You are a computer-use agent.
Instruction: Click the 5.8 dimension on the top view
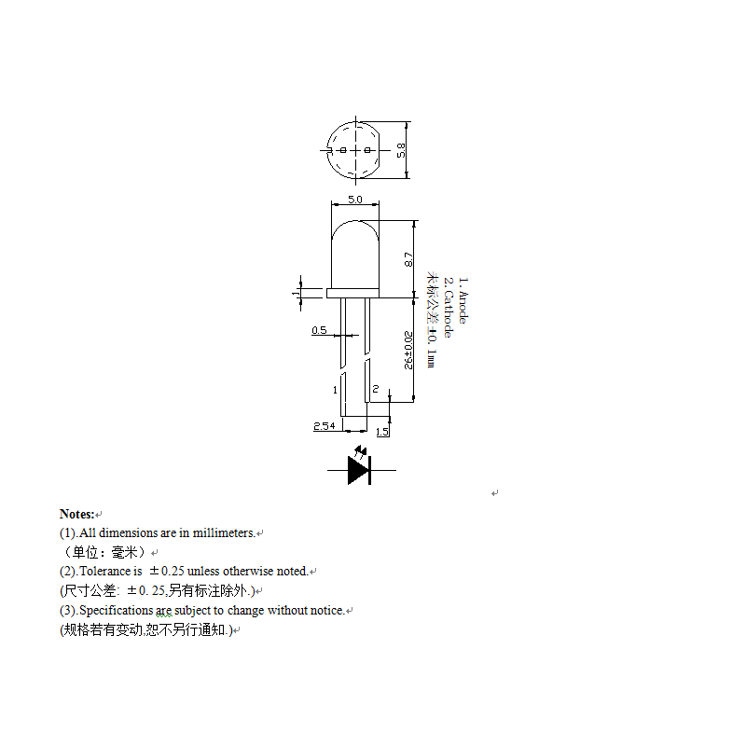pyautogui.click(x=401, y=149)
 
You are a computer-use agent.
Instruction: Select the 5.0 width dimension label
pyautogui.click(x=354, y=200)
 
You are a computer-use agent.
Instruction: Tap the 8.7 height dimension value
pyautogui.click(x=408, y=259)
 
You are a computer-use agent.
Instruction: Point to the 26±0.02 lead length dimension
pyautogui.click(x=408, y=350)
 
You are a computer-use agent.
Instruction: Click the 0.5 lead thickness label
pyautogui.click(x=319, y=330)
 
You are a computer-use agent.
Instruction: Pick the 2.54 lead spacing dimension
pyautogui.click(x=325, y=425)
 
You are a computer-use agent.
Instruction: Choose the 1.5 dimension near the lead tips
pyautogui.click(x=382, y=432)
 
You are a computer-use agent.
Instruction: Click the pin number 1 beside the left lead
pyautogui.click(x=335, y=388)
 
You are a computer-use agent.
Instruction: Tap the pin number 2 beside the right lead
pyautogui.click(x=375, y=388)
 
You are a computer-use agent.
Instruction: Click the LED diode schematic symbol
pyautogui.click(x=360, y=468)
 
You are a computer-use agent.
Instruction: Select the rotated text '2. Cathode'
pyautogui.click(x=448, y=307)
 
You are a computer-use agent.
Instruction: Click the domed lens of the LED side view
pyautogui.click(x=354, y=247)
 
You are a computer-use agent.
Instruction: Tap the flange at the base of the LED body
pyautogui.click(x=354, y=293)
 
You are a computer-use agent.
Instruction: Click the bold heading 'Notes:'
pyautogui.click(x=76, y=514)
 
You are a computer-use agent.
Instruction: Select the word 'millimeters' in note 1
pyautogui.click(x=224, y=532)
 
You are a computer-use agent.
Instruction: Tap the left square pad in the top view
pyautogui.click(x=343, y=150)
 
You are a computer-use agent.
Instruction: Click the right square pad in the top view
pyautogui.click(x=367, y=150)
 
